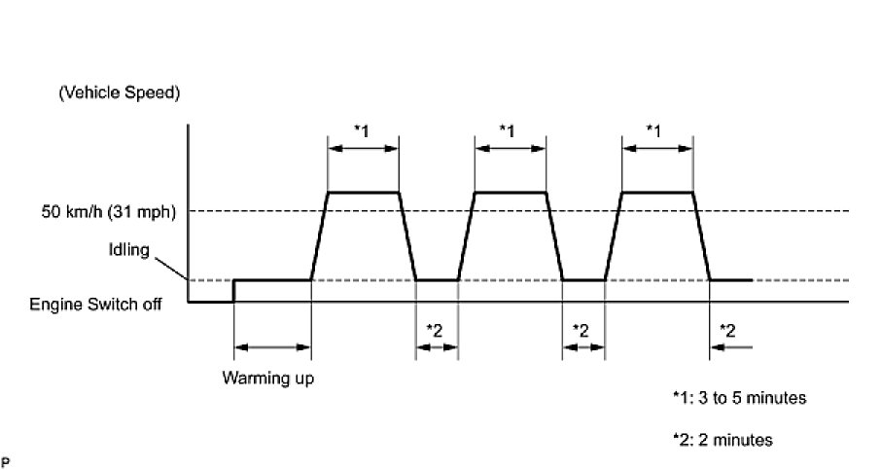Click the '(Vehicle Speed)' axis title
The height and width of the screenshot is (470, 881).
pos(120,93)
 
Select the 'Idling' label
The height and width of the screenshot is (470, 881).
pos(130,251)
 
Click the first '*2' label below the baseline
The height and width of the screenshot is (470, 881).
pos(435,329)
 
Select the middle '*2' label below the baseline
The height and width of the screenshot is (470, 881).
pos(582,329)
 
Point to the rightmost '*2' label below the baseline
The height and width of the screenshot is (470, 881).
pos(726,329)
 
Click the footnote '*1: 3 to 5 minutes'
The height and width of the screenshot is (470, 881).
pos(739,398)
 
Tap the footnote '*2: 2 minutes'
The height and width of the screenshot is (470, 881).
pos(722,440)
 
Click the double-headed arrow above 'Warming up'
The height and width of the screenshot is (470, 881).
pos(272,345)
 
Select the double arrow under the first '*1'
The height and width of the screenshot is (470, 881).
pos(364,150)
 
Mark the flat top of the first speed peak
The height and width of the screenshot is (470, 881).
pos(364,193)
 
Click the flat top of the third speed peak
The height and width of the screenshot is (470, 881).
pos(656,193)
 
